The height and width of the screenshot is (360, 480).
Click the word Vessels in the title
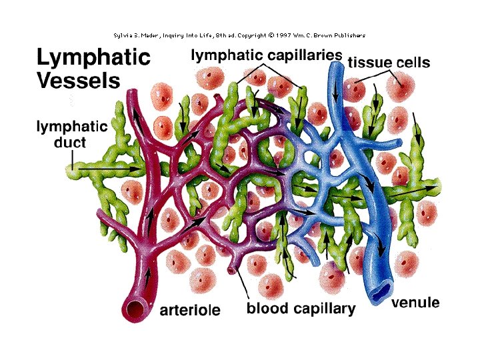pos(78,81)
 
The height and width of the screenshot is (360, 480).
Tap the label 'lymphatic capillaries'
pos(267,57)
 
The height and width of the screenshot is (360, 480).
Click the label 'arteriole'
pos(189,310)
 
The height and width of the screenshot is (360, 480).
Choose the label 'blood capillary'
pos(301,309)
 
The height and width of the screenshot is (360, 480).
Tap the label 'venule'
pos(415,303)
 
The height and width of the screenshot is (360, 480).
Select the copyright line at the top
pos(239,35)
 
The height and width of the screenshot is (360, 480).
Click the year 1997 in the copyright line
pos(269,35)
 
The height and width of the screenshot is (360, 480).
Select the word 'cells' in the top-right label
pos(413,63)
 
